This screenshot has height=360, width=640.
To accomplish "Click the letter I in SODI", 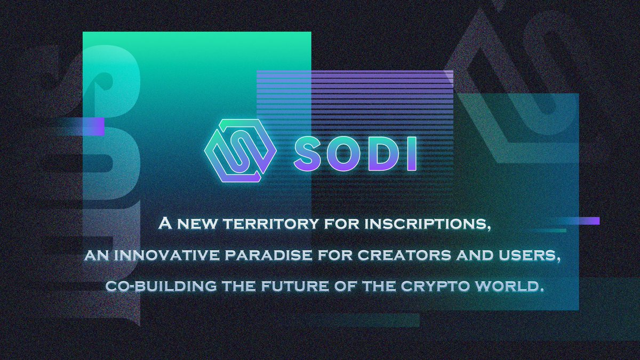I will pyautogui.click(x=411, y=153).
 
